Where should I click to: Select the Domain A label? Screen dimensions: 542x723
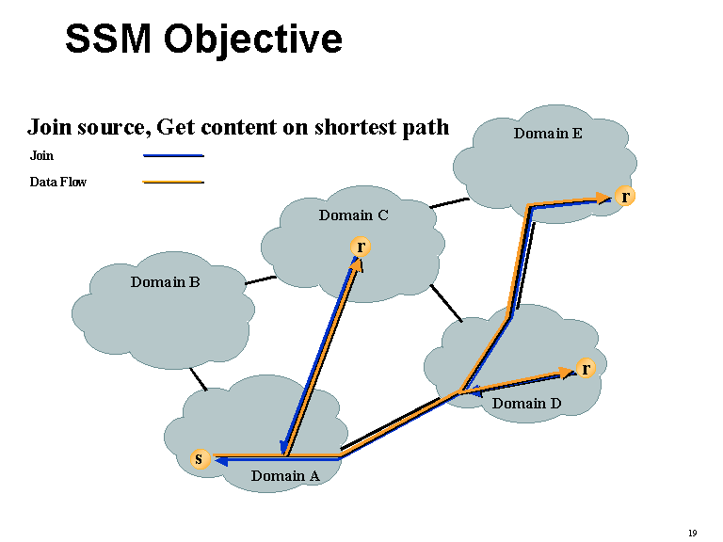(x=285, y=476)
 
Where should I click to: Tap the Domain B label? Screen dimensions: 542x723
(x=165, y=281)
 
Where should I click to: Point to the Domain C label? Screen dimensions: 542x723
(x=353, y=215)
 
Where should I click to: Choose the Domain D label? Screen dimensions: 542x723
(x=527, y=404)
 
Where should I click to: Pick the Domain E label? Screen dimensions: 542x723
(x=548, y=134)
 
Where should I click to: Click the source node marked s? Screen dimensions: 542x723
(x=198, y=459)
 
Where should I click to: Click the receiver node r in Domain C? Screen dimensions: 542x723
(x=360, y=247)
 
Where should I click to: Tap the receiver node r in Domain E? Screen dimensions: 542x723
(x=625, y=196)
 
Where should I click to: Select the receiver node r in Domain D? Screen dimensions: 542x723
(x=586, y=368)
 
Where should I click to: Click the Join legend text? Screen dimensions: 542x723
(x=41, y=155)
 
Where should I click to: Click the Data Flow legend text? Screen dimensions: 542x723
(x=57, y=182)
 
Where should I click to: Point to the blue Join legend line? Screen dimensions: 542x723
(x=173, y=155)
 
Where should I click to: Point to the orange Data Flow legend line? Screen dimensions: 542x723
(x=173, y=182)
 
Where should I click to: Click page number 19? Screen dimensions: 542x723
(x=692, y=534)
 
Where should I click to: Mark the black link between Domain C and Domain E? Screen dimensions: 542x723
(x=449, y=202)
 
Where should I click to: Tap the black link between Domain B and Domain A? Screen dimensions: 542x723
(x=198, y=378)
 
